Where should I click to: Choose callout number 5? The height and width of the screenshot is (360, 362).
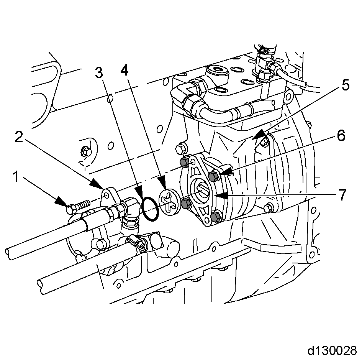pyautogui.click(x=346, y=85)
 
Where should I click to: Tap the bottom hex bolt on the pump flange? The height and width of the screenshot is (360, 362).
pyautogui.click(x=215, y=217)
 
